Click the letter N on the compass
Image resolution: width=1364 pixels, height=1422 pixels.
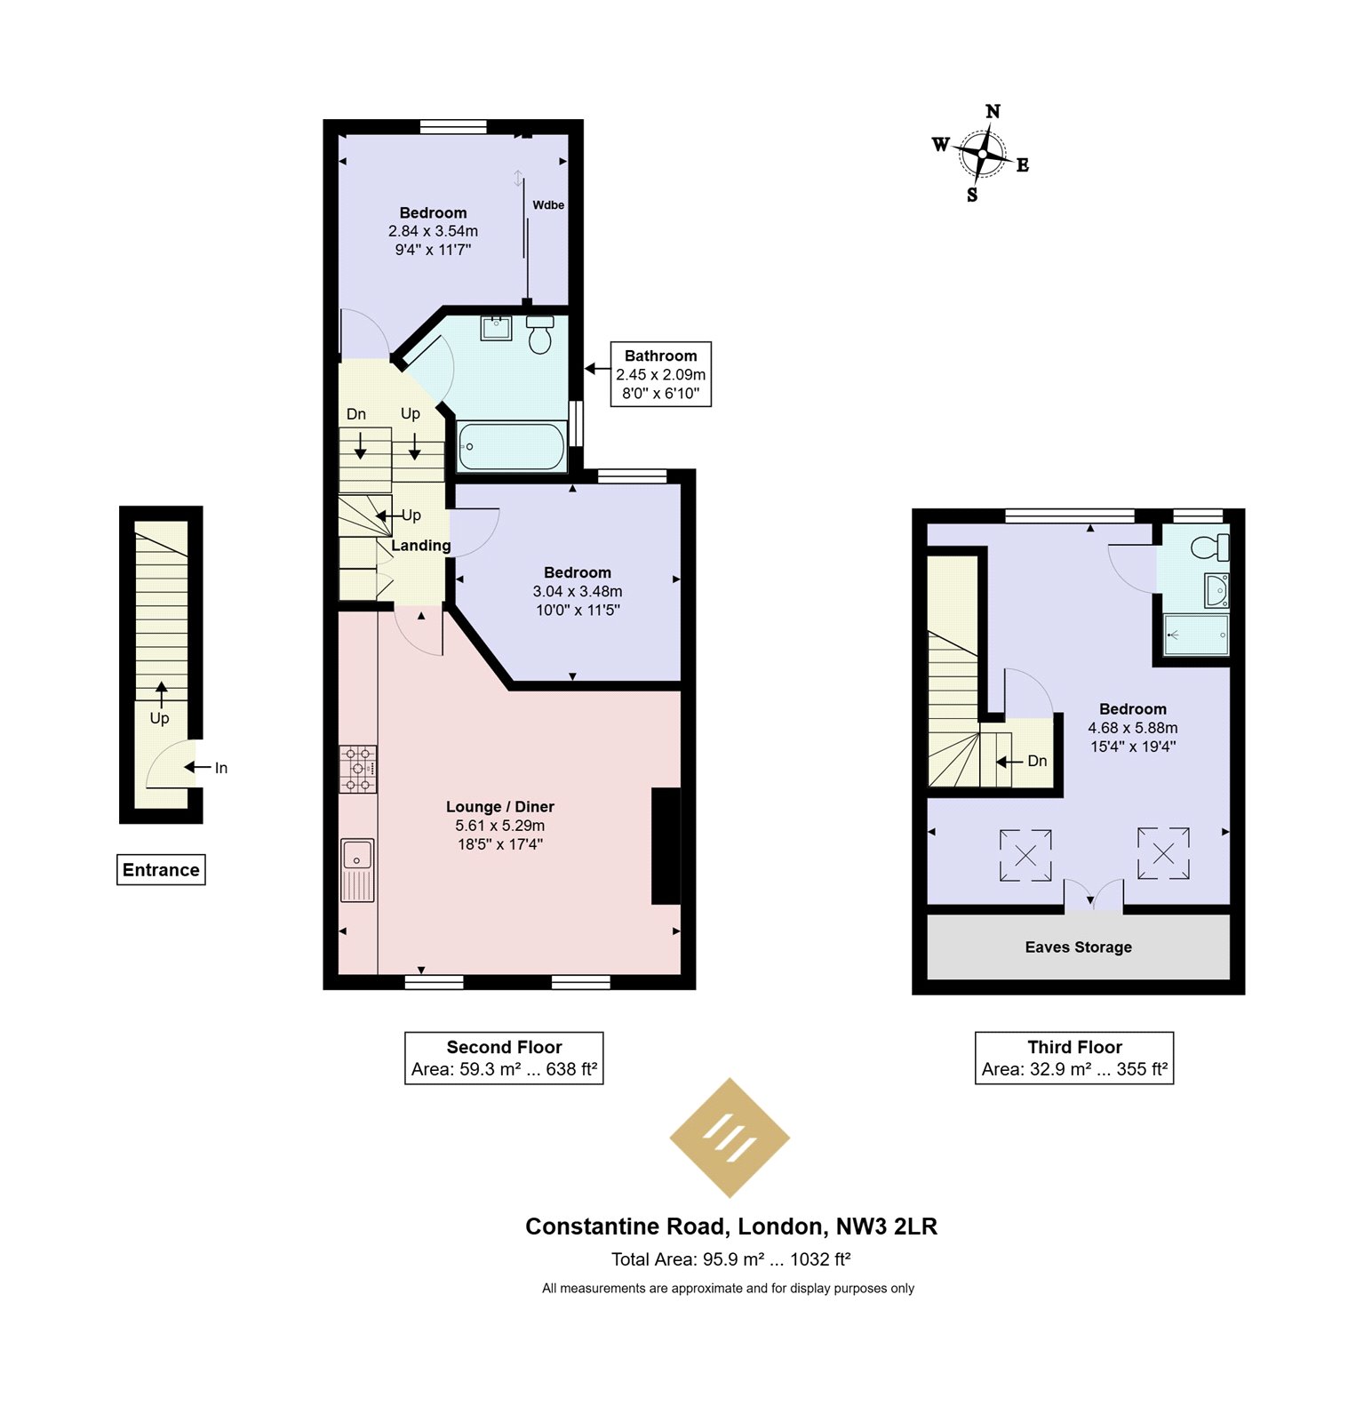pos(993,111)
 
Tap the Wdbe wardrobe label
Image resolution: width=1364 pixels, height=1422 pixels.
pos(548,204)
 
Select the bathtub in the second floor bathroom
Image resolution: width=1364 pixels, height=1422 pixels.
pos(511,446)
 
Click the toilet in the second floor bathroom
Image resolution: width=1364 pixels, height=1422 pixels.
pos(540,334)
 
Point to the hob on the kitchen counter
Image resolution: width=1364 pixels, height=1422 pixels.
pos(358,769)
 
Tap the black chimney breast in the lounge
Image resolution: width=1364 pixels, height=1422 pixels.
pos(666,845)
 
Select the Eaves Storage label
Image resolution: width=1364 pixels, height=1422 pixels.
pos(1078,947)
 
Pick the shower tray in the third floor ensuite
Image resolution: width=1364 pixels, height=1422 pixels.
pos(1196,635)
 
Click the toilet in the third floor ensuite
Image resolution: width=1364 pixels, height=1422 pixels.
pos(1210,547)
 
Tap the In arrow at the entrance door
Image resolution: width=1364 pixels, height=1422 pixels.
pos(197,767)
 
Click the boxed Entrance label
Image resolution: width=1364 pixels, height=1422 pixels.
pos(161,869)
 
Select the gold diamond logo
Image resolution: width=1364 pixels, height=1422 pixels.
pos(730,1138)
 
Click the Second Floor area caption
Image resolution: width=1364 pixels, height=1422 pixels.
pos(504,1058)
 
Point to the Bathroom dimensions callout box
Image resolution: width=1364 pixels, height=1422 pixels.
pos(661,374)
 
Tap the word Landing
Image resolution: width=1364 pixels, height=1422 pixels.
pos(421,545)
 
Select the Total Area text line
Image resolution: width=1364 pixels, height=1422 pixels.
pos(730,1258)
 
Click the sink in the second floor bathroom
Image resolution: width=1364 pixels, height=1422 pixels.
pos(496,328)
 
